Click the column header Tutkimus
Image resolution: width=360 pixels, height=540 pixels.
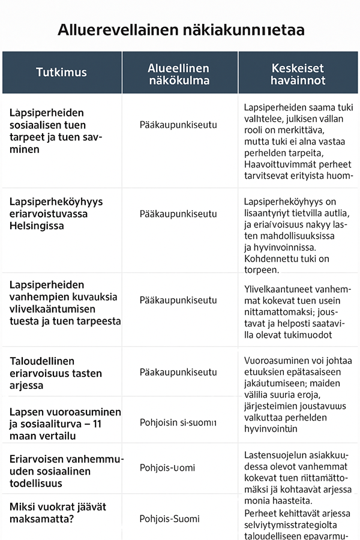(61, 73)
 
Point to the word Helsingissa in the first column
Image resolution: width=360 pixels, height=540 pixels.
(38, 226)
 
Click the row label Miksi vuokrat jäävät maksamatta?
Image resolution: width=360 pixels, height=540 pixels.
(58, 513)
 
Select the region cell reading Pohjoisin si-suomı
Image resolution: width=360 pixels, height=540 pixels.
(178, 422)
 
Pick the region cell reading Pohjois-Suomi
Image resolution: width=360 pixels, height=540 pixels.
(178, 519)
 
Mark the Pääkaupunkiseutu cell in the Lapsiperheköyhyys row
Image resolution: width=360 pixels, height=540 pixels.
(178, 214)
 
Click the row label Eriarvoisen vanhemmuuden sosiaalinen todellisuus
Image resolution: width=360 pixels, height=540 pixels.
(66, 471)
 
